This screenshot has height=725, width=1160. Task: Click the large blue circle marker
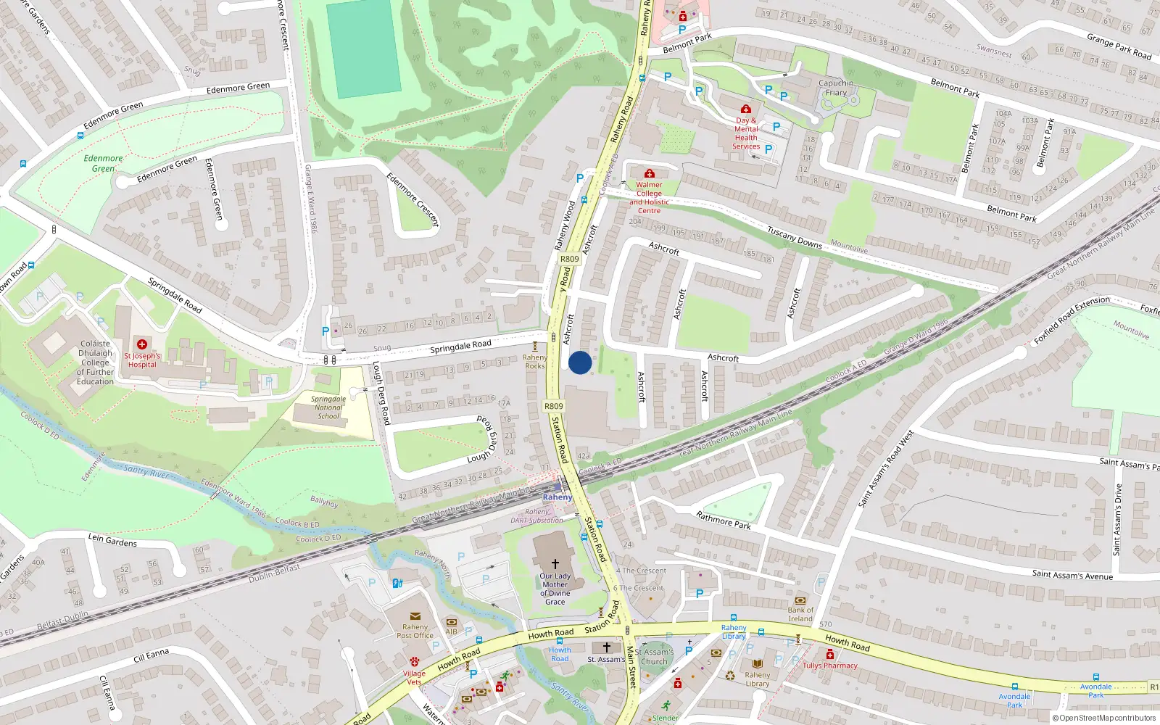[579, 362]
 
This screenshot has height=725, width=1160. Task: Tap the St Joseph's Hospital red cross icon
[142, 344]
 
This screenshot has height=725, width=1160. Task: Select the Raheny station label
[558, 497]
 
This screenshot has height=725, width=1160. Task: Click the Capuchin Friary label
[836, 88]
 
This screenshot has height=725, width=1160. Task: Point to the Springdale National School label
[328, 407]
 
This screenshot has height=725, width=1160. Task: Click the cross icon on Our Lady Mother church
[555, 563]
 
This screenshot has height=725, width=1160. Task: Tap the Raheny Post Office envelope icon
[415, 616]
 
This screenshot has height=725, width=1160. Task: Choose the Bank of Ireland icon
[800, 600]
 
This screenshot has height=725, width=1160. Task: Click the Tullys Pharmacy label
[830, 666]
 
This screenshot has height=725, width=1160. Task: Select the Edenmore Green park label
[103, 163]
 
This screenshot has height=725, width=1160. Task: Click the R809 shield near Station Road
[553, 407]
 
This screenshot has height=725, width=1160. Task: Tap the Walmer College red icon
[650, 174]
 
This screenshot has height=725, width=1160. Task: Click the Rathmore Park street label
[723, 521]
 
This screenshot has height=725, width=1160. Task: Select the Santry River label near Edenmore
[146, 471]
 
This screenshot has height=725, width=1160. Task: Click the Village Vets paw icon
[415, 662]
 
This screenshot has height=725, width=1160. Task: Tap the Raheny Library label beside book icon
[758, 679]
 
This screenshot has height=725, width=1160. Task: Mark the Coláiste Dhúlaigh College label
[96, 362]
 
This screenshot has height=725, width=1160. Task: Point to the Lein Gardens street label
[112, 539]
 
